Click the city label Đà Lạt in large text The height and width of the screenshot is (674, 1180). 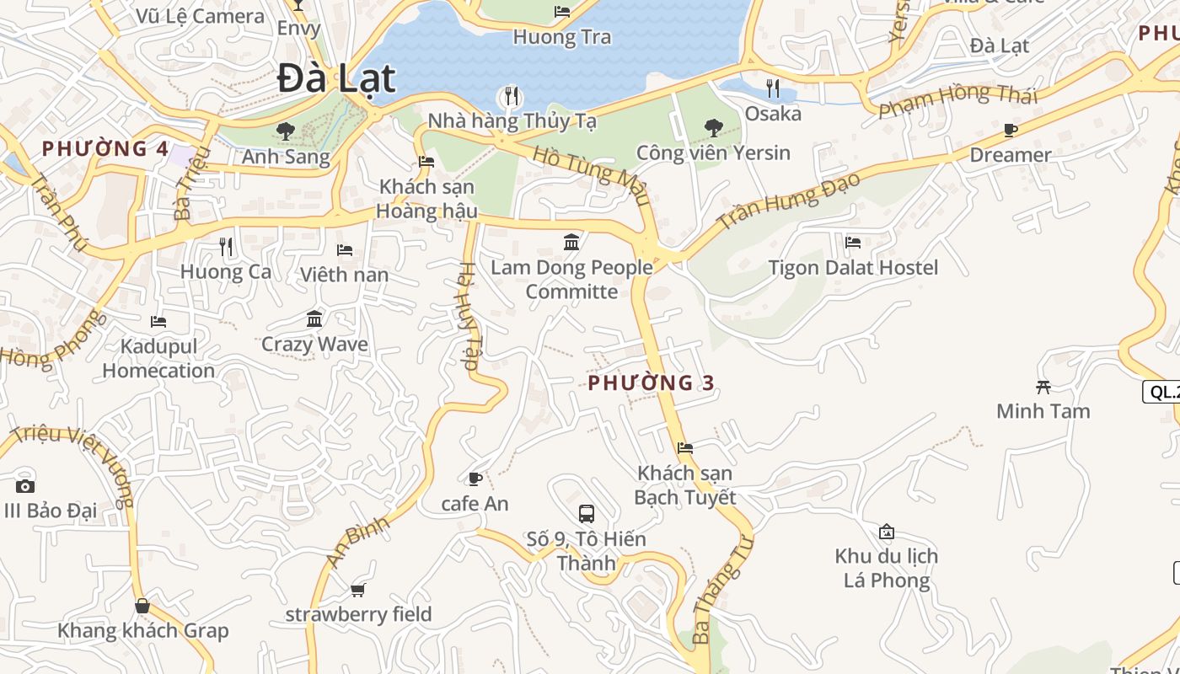(x=336, y=78)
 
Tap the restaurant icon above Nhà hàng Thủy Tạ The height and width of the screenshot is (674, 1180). (x=511, y=96)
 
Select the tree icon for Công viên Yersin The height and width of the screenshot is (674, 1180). (x=713, y=128)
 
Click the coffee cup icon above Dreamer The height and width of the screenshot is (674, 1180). (x=1010, y=130)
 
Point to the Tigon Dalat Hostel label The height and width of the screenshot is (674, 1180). (x=853, y=268)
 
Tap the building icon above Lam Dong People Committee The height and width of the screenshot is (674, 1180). (x=571, y=243)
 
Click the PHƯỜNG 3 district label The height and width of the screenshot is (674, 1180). (x=651, y=383)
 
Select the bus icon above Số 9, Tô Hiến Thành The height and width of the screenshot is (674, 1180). (x=586, y=513)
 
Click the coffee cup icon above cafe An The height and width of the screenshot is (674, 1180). (x=475, y=479)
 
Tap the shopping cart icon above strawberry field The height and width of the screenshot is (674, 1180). (x=357, y=590)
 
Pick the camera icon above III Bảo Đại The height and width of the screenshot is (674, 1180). (x=25, y=486)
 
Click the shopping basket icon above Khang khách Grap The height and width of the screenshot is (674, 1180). (x=142, y=606)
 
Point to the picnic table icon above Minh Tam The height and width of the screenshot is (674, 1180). (x=1043, y=387)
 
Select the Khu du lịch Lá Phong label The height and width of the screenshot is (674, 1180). (x=887, y=568)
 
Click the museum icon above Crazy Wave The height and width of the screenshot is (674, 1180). (x=314, y=319)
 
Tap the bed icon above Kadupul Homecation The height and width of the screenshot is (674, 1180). (x=158, y=322)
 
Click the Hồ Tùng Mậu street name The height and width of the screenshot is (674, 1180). (x=592, y=175)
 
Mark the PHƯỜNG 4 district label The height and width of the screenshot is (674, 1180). (x=105, y=149)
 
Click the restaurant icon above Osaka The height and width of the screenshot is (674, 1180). (x=772, y=88)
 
